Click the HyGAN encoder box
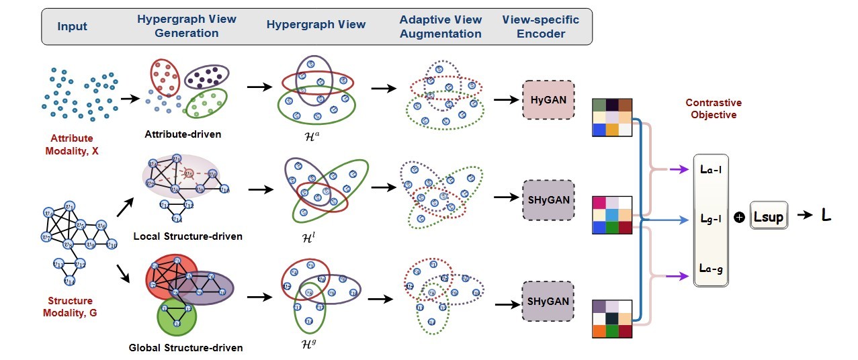pos(548,99)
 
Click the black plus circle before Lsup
pos(739,218)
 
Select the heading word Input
pos(72,27)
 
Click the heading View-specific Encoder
pos(540,27)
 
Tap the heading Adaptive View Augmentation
pos(440,27)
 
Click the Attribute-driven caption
pos(183,134)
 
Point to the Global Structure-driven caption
pos(185,347)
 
